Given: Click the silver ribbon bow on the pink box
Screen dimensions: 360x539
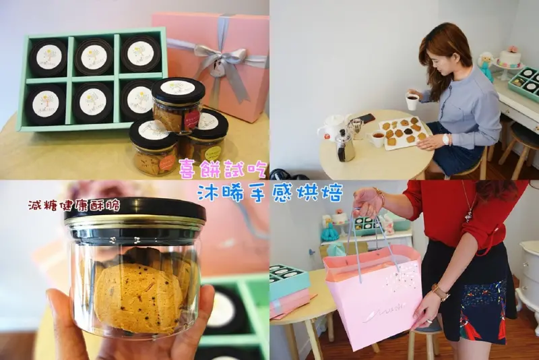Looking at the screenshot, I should click(220, 61).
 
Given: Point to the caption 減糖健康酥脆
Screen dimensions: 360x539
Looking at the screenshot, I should click(73, 204).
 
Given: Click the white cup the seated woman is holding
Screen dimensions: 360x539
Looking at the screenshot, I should click(412, 102).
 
